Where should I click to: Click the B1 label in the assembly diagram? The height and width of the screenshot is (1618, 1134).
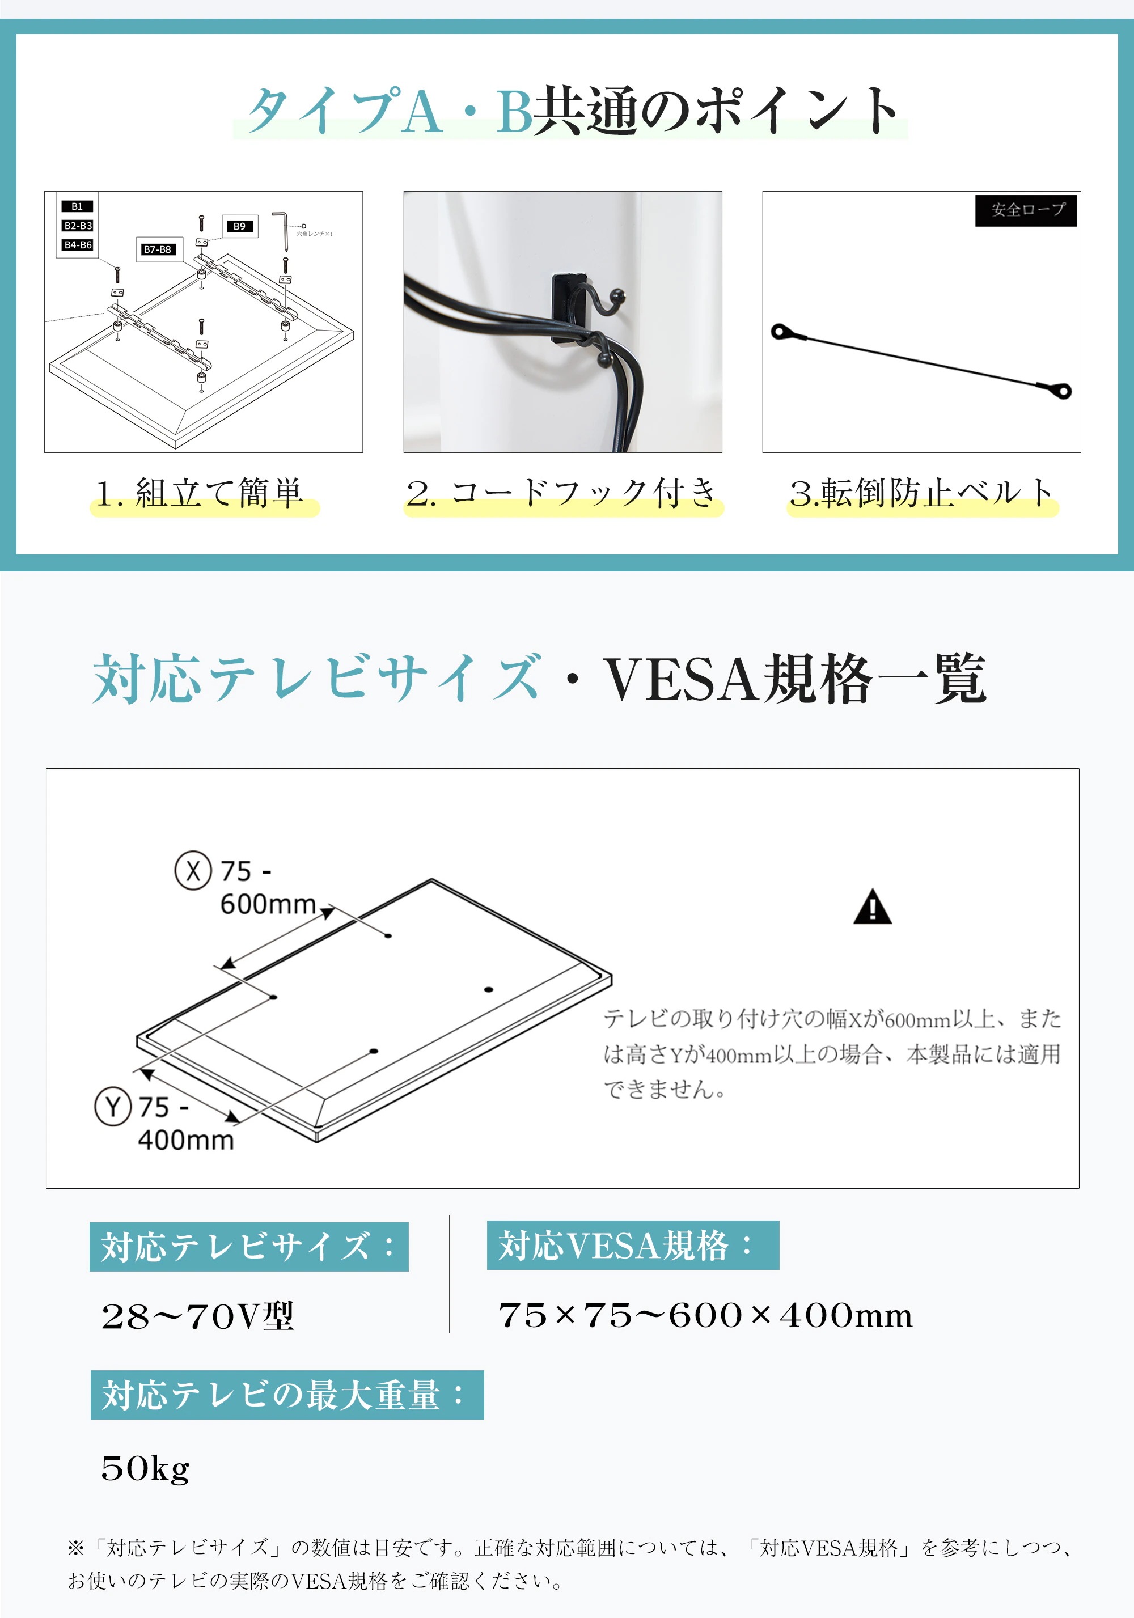point(77,206)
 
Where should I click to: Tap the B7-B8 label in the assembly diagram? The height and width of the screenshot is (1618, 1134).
point(157,249)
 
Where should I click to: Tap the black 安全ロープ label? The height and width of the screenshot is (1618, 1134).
point(1026,210)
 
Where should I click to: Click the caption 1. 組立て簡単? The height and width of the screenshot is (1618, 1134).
point(201,493)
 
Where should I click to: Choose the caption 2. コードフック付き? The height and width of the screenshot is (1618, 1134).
point(562,493)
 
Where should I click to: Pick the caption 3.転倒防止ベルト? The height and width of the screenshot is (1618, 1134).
point(921,493)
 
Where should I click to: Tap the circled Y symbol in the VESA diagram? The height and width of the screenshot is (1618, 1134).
point(113,1107)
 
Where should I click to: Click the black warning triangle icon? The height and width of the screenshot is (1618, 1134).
point(873,908)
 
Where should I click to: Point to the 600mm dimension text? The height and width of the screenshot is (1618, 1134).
point(268,904)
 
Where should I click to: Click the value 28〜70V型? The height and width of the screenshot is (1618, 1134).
point(197,1316)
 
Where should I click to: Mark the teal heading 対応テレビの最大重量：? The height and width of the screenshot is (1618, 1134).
point(287,1395)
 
